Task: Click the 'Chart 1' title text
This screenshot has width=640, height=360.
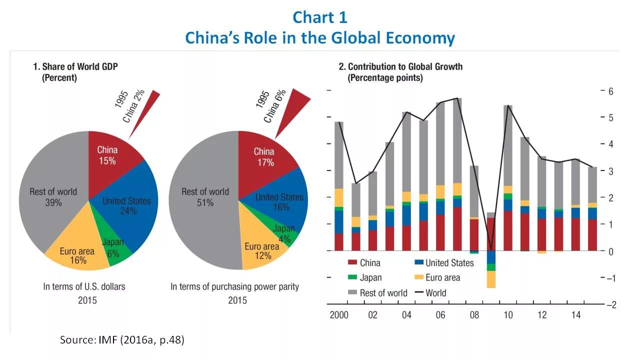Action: [319, 17]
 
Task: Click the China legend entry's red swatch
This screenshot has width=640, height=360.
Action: [352, 263]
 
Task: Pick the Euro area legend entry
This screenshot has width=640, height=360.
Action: [437, 277]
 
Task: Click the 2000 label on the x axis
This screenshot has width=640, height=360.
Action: [338, 315]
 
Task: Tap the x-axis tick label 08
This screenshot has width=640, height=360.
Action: [474, 315]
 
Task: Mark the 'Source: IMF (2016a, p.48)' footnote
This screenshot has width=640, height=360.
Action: [122, 340]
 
